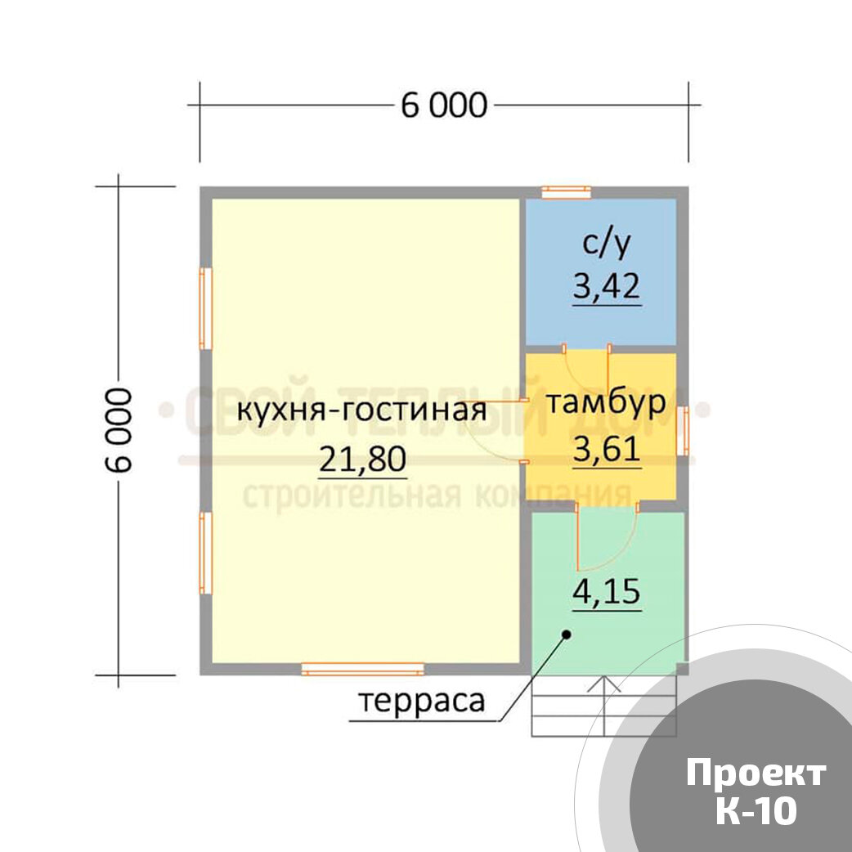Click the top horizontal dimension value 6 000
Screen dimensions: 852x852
click(443, 105)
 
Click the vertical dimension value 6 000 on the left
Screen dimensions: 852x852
click(119, 429)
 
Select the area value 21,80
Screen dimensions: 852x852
click(362, 461)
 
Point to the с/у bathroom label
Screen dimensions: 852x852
click(607, 243)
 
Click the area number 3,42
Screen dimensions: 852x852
click(607, 287)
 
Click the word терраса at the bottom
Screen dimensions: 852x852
click(421, 701)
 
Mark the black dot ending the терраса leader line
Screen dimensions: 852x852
click(565, 634)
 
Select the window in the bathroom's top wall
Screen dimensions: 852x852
click(567, 192)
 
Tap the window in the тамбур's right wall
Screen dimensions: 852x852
click(682, 430)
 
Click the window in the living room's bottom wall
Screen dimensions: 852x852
click(362, 669)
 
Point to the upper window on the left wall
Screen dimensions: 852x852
click(205, 309)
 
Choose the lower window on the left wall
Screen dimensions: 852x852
click(205, 553)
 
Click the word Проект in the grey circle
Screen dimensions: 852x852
click(756, 773)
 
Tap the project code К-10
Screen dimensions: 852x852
click(756, 811)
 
